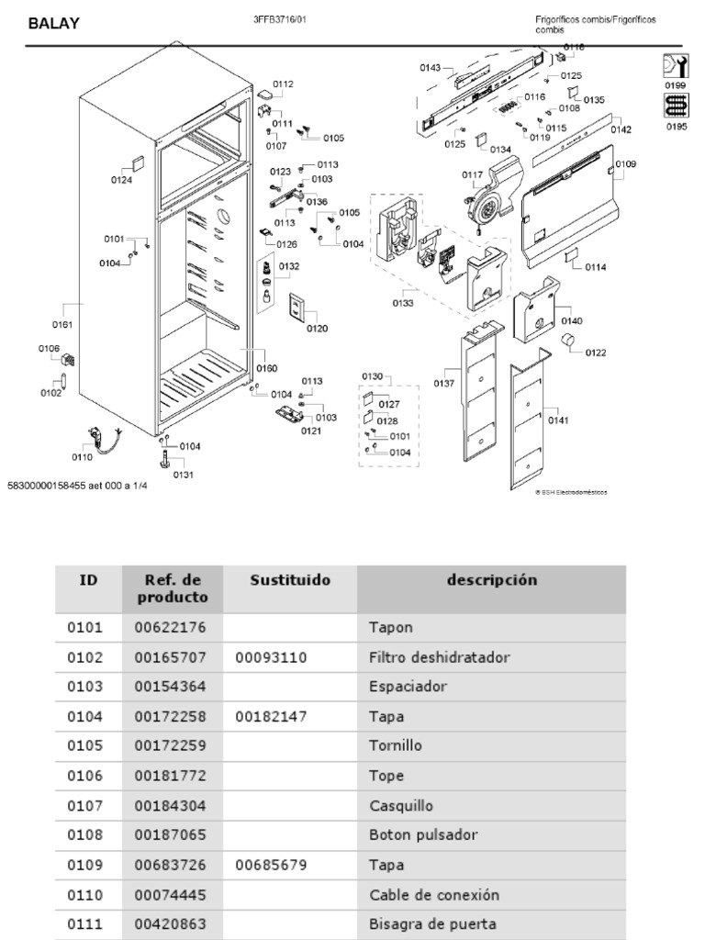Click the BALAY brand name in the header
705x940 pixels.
pos(53,25)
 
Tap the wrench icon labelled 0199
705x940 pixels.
pos(675,67)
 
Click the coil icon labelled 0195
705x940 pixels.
pos(675,107)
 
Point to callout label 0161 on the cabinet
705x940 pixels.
pos(62,323)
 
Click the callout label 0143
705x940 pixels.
pos(431,67)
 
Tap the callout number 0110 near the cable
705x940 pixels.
pos(82,456)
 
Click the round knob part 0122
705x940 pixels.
pos(567,343)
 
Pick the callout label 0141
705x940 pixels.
pos(558,420)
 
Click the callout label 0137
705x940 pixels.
pos(444,383)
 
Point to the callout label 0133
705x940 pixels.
pos(401,302)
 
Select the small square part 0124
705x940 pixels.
pos(136,163)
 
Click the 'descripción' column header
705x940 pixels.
pos(491,580)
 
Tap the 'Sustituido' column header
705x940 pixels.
pos(290,580)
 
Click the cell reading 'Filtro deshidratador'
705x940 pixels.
pos(439,657)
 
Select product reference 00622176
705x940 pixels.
pos(171,628)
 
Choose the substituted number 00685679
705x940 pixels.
pos(271,865)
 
